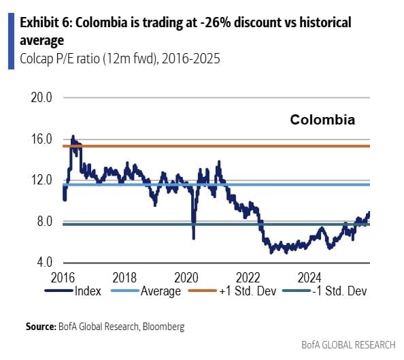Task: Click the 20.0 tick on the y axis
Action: point(42,97)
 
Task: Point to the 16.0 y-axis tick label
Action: point(42,139)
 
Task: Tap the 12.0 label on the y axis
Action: point(42,180)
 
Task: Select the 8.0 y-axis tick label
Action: point(45,222)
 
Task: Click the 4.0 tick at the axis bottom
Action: point(45,263)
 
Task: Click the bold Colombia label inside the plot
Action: point(322,120)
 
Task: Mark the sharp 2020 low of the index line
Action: point(193,238)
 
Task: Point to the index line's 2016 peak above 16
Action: point(73,136)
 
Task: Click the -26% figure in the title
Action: point(195,23)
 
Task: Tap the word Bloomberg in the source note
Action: point(162,327)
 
